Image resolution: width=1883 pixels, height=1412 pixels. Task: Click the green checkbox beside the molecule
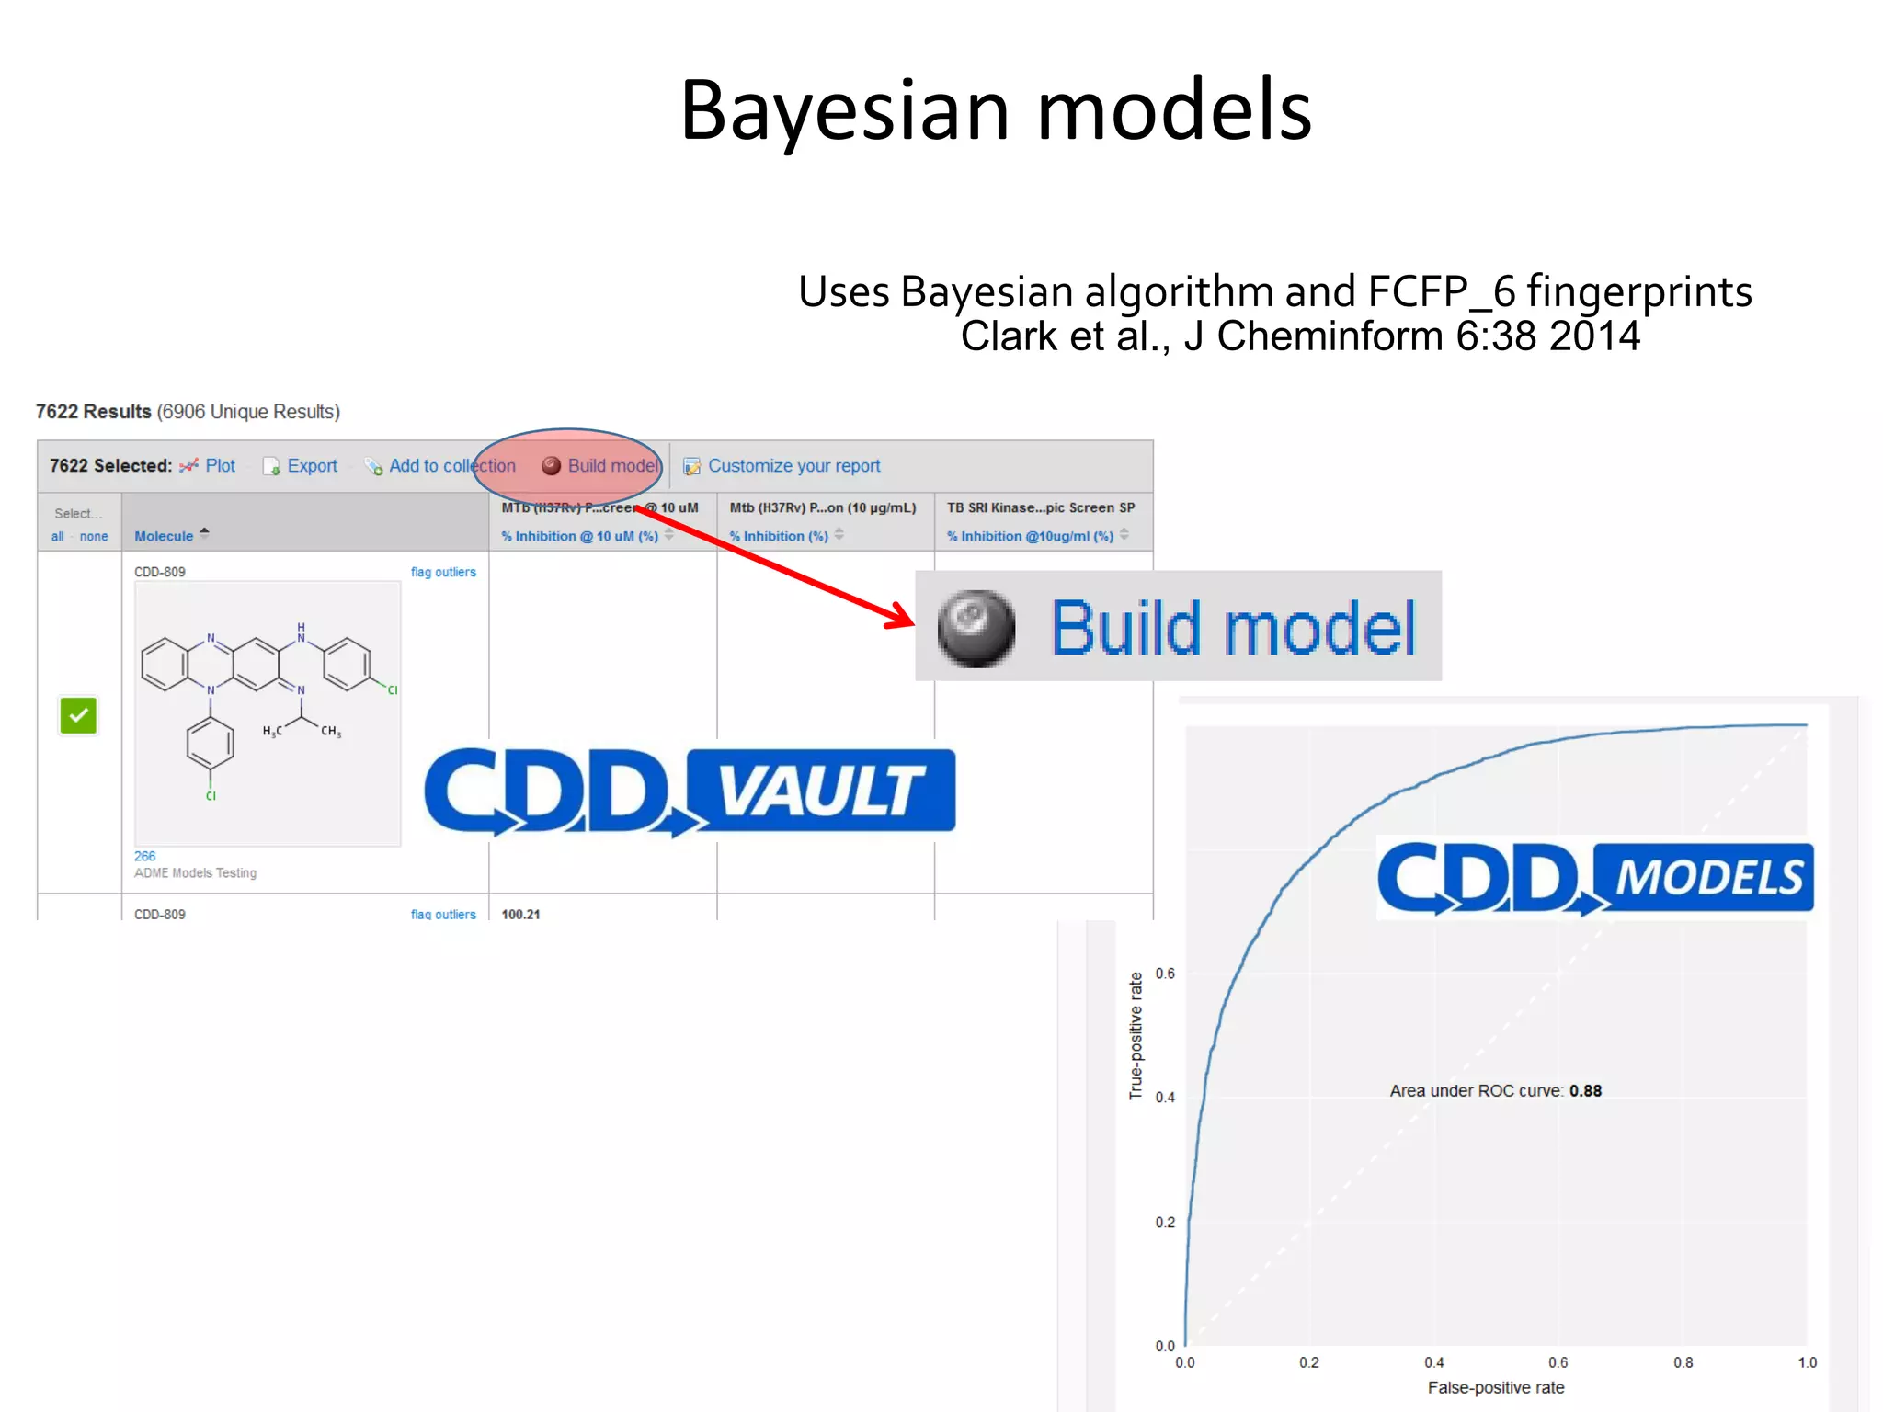click(78, 715)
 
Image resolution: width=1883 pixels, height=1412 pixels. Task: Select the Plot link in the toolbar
click(220, 466)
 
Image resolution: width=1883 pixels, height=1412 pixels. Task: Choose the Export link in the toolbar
click(312, 466)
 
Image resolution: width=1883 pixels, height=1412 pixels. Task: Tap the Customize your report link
click(793, 466)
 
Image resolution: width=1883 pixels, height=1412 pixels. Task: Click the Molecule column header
click(164, 536)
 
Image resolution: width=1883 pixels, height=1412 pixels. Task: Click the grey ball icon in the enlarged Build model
click(976, 629)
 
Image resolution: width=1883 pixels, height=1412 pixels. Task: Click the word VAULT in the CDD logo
click(820, 791)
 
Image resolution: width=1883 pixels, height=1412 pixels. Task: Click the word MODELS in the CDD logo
click(1708, 878)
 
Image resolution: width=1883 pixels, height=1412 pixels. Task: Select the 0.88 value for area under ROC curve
click(1585, 1091)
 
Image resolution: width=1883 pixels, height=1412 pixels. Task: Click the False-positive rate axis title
click(1495, 1387)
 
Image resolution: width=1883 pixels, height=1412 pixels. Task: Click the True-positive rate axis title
click(1136, 1035)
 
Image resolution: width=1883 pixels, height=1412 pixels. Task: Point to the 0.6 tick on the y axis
click(1165, 974)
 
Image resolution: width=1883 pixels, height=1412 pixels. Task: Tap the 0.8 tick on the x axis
click(1683, 1362)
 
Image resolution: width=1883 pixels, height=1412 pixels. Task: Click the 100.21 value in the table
click(520, 915)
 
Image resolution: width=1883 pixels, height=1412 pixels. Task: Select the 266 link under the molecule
click(145, 856)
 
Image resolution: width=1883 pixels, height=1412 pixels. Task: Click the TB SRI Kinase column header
click(1041, 507)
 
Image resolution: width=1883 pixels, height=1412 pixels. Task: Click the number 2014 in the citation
click(1594, 336)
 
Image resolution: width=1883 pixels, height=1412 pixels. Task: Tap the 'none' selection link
click(94, 537)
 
